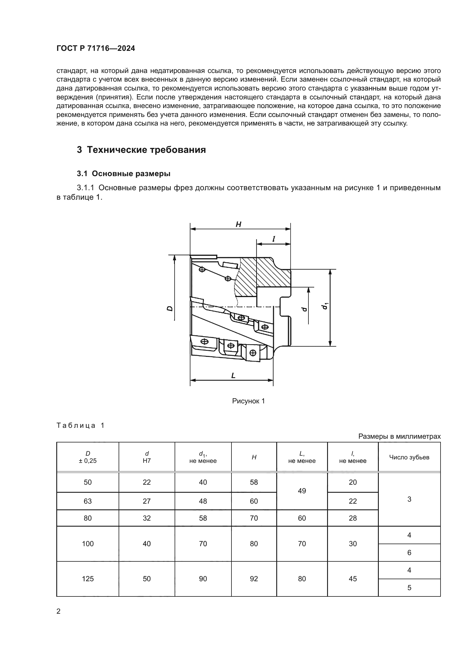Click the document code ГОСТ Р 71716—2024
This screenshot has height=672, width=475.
[x=96, y=49]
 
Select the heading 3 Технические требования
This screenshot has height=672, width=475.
[x=141, y=150]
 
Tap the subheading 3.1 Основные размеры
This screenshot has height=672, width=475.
[x=123, y=174]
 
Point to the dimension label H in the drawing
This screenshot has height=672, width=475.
[x=238, y=224]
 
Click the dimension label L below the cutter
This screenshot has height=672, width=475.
[x=233, y=376]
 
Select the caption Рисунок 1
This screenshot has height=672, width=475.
[x=248, y=401]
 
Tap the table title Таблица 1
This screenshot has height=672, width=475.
[x=80, y=425]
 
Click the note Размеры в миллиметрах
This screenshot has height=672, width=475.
[x=399, y=436]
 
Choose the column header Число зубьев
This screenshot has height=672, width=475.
[x=409, y=457]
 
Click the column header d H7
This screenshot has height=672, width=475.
[x=146, y=457]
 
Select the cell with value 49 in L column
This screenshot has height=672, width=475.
[x=302, y=491]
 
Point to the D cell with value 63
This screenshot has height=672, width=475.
[x=88, y=501]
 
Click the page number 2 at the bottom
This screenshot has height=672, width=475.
[x=58, y=611]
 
